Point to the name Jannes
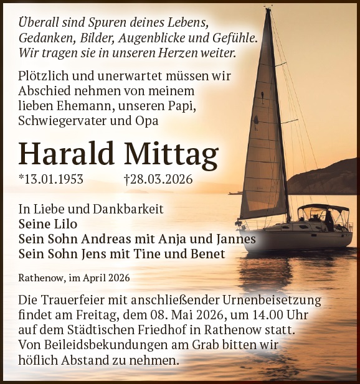pos(234,238)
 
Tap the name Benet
pos(206,253)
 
